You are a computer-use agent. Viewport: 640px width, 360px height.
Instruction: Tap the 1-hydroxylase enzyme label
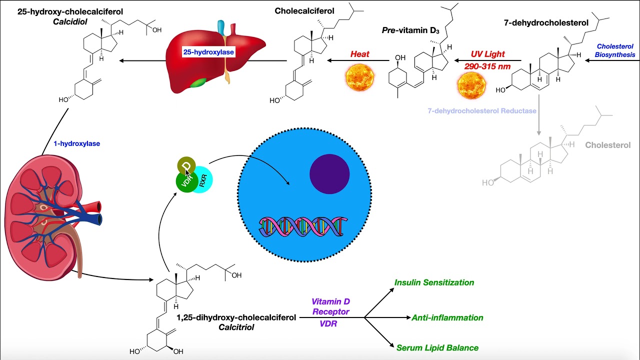(x=77, y=143)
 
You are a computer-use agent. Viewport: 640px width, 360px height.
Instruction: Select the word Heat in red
(x=360, y=54)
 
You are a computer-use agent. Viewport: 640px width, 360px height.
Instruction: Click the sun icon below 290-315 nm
(x=472, y=85)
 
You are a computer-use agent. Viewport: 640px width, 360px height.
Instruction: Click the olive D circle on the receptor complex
(x=186, y=165)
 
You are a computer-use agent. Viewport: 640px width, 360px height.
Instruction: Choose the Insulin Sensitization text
(x=434, y=282)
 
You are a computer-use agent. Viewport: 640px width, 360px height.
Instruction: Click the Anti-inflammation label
(x=447, y=317)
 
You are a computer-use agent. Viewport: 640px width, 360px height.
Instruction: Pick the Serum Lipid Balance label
(x=437, y=347)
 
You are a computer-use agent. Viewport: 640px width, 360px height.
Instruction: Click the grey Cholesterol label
(x=607, y=145)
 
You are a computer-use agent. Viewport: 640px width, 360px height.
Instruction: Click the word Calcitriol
(x=236, y=327)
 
